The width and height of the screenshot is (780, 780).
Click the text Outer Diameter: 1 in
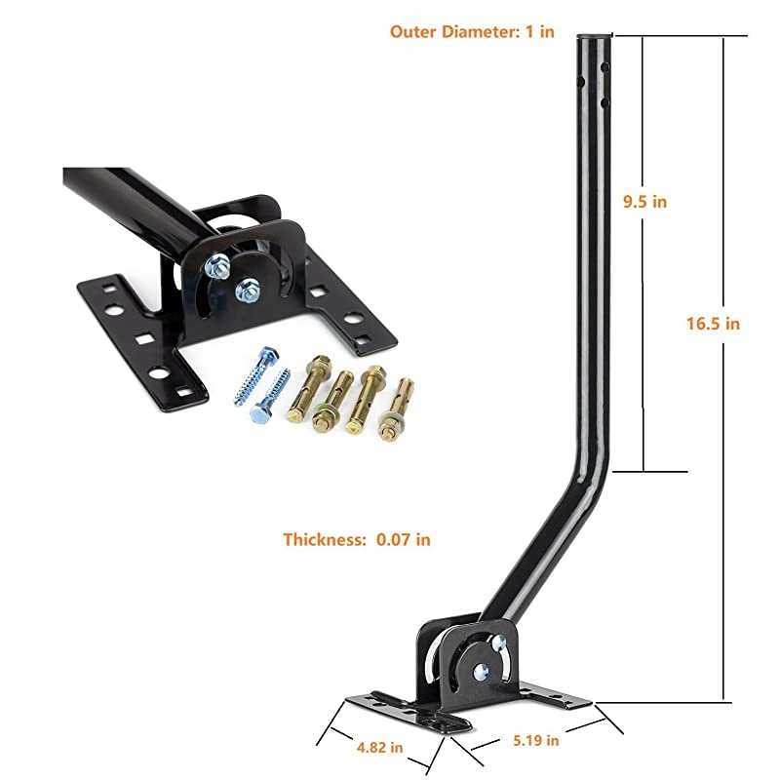tap(472, 31)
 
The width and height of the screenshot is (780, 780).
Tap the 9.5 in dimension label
tap(645, 202)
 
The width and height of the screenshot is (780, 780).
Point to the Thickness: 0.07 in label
tap(357, 538)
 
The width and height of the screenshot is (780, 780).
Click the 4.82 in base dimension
tap(380, 747)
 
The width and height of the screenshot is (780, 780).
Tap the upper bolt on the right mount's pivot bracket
tap(500, 642)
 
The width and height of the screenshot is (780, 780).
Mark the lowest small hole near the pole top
tap(606, 101)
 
